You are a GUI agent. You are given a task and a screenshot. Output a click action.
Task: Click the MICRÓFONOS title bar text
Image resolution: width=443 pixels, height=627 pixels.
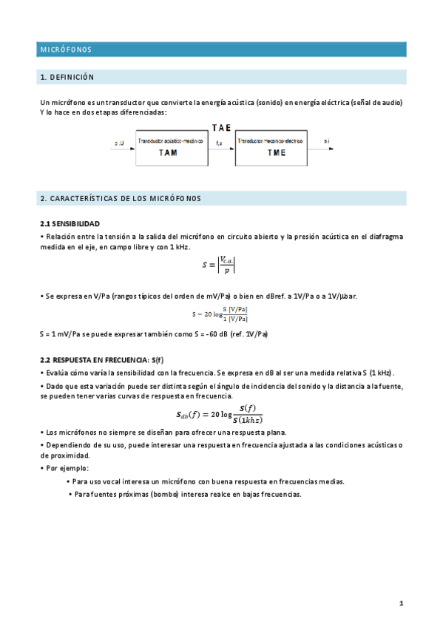[x=66, y=50]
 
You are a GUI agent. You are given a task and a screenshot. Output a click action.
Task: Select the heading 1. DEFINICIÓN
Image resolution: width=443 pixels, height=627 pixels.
[x=67, y=77]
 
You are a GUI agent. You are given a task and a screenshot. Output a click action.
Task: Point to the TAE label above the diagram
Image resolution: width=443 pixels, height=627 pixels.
[x=222, y=128]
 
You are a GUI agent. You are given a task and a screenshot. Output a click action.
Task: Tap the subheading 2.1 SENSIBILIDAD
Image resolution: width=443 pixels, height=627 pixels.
[x=70, y=223]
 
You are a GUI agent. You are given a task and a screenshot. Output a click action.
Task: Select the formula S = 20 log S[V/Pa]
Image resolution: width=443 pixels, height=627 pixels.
[x=220, y=314]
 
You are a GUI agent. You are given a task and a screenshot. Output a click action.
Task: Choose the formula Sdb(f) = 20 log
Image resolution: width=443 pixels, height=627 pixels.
[x=220, y=414]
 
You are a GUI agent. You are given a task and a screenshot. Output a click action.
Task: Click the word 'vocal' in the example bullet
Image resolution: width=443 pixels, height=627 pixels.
[x=121, y=481]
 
